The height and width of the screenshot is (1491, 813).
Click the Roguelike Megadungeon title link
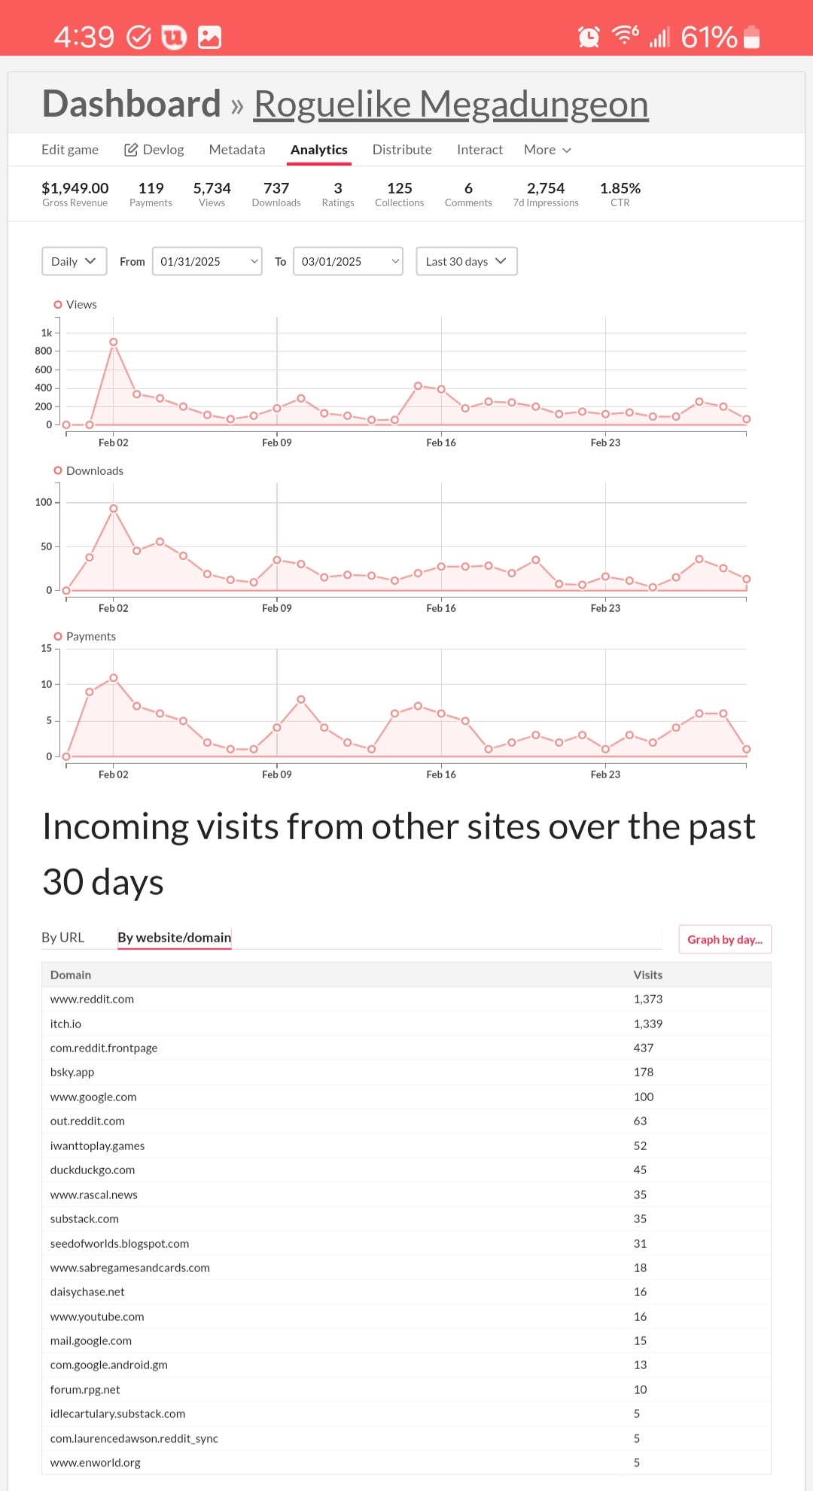(450, 104)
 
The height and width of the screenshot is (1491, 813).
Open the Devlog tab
(154, 150)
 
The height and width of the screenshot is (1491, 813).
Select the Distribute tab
(402, 150)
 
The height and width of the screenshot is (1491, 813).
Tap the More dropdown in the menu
(547, 150)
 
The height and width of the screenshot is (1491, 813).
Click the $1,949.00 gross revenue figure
(75, 188)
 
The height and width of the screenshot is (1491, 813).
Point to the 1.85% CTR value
(620, 188)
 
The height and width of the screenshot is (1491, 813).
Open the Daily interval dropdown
(74, 261)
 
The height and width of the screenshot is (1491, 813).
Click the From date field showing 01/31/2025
(207, 261)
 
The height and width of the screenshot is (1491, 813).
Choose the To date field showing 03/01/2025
(348, 261)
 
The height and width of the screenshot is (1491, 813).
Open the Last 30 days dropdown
(466, 261)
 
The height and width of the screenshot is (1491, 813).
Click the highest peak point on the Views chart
(114, 342)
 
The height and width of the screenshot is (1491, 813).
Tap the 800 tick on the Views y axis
(44, 351)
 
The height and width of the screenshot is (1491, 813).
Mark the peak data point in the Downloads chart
(114, 509)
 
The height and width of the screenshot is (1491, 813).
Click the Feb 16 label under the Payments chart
(440, 774)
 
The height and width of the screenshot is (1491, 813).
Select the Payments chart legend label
(90, 637)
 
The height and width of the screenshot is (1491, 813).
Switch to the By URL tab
(62, 938)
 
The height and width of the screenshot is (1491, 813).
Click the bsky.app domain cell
(72, 1073)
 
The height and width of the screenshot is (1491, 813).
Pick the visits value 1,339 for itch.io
(647, 1024)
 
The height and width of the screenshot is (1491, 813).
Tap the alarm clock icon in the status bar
(589, 36)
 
